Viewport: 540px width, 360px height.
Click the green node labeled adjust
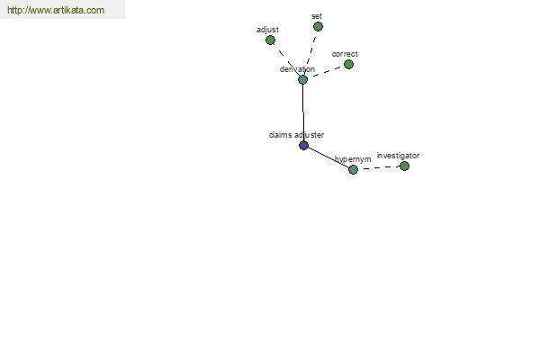click(270, 40)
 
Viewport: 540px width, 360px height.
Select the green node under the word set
click(318, 26)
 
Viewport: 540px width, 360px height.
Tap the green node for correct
click(348, 65)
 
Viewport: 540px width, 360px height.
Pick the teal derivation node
click(302, 80)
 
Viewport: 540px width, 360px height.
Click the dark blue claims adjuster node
click(303, 146)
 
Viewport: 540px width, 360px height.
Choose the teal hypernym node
click(353, 169)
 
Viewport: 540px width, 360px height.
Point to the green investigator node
click(404, 166)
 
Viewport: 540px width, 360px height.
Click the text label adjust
click(267, 30)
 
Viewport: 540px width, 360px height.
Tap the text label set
click(317, 16)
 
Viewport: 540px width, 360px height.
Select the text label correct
click(345, 54)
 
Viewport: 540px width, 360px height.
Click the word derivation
click(297, 69)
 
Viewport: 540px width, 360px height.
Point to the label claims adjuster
click(296, 135)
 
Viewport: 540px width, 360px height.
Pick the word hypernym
click(353, 159)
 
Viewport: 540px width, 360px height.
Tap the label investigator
click(398, 156)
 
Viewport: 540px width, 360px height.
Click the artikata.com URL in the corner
click(56, 10)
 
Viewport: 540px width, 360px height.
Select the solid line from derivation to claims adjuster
click(303, 112)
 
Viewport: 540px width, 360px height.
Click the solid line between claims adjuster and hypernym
click(328, 157)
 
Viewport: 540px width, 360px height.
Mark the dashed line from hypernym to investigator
click(379, 167)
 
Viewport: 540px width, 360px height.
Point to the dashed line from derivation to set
click(310, 53)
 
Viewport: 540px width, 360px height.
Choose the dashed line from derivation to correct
click(326, 72)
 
